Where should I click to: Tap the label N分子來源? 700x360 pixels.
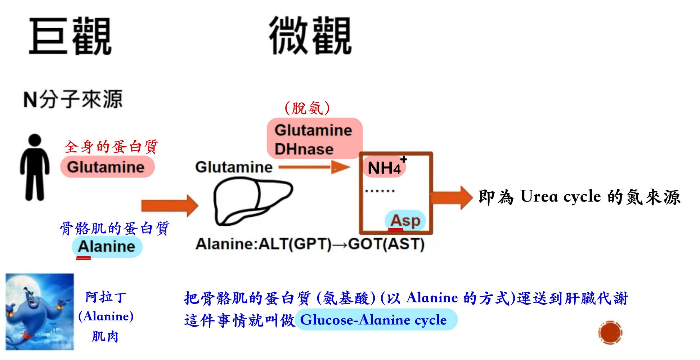tap(73, 99)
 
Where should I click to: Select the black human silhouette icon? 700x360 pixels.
tap(35, 167)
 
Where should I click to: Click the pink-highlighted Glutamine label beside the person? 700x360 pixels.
tap(107, 167)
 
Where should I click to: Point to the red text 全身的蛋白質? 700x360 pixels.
tap(111, 147)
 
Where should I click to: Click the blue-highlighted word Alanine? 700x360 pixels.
tap(107, 247)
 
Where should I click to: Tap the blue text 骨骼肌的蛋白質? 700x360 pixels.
tap(115, 228)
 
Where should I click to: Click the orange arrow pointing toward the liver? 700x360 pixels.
tap(169, 206)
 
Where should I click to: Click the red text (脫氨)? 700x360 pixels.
tap(307, 108)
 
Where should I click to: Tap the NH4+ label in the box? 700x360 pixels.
tap(385, 167)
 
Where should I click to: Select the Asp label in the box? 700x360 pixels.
tap(405, 220)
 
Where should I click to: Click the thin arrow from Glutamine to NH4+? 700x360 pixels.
tap(313, 167)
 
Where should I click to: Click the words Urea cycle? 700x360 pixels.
tap(560, 197)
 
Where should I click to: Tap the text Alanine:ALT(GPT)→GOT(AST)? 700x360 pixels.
tap(310, 244)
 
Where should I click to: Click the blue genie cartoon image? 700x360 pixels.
tap(39, 311)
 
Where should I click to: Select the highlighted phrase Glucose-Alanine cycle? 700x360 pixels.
tap(373, 320)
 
